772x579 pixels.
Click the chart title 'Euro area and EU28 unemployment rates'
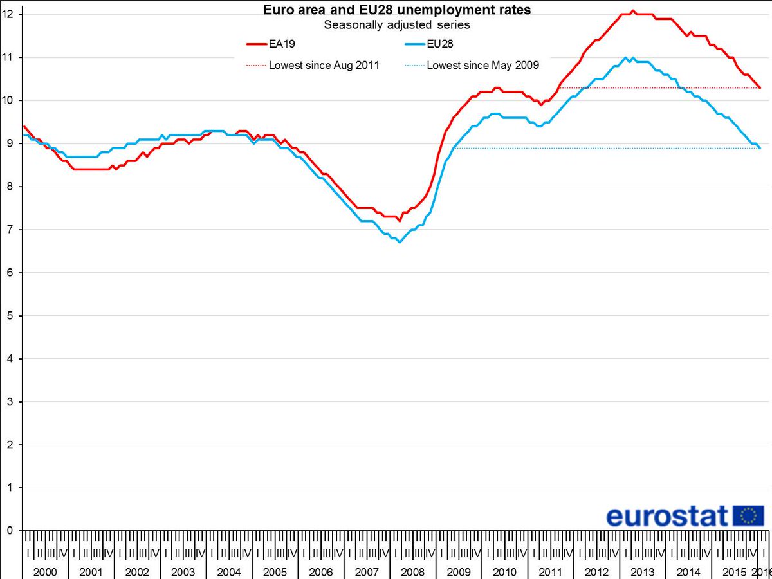click(398, 10)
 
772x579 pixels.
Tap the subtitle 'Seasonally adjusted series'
click(397, 25)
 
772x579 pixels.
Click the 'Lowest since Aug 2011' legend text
click(324, 65)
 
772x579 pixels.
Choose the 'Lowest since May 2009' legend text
click(482, 65)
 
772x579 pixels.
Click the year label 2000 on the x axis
click(45, 572)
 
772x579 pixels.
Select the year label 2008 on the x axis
click(412, 572)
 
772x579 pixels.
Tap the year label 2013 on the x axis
click(642, 572)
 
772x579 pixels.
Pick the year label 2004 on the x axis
click(229, 572)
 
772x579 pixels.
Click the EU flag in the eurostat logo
click(748, 515)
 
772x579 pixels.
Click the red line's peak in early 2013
click(633, 10)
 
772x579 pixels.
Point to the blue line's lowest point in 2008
click(400, 242)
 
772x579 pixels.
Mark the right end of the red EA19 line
click(760, 87)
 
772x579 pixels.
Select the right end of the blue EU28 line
click(760, 148)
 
